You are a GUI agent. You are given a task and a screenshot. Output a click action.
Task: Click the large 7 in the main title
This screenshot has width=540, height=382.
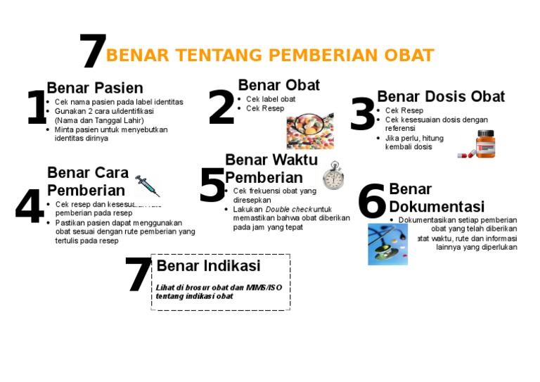(93, 53)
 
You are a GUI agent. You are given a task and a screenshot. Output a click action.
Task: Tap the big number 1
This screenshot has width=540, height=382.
(37, 108)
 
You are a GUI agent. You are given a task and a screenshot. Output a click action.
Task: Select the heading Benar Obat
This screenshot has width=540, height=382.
(278, 85)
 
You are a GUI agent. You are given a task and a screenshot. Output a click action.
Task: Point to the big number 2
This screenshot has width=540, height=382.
(221, 108)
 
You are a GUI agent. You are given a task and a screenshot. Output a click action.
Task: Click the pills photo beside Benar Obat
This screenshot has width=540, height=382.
(309, 132)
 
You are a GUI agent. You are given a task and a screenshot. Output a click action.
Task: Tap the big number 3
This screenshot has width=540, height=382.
(363, 115)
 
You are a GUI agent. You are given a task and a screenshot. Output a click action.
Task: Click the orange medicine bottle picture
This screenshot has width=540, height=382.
(484, 144)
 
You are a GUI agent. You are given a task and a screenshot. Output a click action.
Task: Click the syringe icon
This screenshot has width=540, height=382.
(148, 186)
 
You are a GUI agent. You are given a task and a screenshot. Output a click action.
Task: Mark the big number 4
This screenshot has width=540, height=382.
(30, 208)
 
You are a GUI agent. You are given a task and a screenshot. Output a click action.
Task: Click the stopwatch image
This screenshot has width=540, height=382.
(333, 176)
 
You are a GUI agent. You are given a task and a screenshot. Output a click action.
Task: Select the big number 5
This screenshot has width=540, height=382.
(212, 186)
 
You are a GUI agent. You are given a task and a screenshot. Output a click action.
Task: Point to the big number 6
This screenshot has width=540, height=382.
(372, 201)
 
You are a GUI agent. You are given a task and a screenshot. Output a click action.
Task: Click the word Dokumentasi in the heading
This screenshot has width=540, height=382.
(437, 207)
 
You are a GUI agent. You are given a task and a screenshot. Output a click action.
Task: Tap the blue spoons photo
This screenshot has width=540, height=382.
(387, 244)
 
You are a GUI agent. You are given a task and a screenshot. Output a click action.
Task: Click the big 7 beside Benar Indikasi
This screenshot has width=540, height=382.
(138, 275)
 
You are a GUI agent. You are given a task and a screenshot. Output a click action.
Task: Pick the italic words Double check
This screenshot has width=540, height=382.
(288, 210)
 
